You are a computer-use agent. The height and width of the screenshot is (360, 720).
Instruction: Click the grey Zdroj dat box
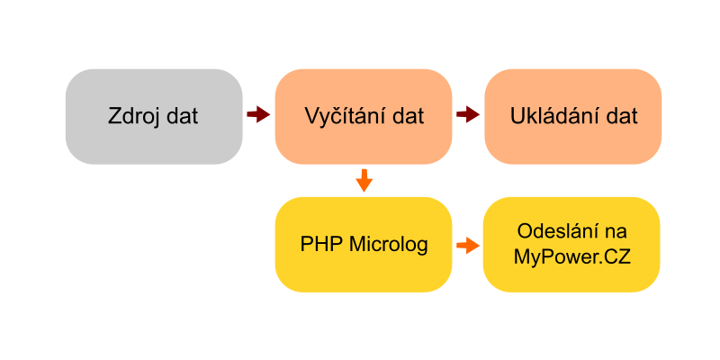[154, 117]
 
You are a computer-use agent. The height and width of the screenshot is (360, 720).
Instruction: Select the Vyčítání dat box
[364, 117]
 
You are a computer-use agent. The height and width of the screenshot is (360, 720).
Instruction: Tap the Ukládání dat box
[573, 117]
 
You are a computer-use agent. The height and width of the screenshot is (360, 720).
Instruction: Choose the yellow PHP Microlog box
[364, 244]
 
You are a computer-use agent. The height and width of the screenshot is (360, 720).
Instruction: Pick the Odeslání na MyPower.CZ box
[571, 244]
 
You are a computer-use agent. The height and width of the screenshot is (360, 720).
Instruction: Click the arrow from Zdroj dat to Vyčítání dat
[258, 114]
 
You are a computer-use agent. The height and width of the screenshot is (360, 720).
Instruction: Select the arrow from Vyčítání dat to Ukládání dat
[468, 114]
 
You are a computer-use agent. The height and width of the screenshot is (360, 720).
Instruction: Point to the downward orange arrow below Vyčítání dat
[364, 181]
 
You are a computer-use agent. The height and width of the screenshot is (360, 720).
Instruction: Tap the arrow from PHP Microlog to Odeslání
[468, 245]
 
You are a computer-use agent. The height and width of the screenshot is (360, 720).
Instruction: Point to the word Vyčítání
[345, 116]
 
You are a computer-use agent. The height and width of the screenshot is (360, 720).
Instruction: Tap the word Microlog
[389, 244]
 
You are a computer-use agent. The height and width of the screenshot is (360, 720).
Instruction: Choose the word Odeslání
[553, 231]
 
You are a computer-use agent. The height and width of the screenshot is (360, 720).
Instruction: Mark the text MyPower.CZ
[571, 257]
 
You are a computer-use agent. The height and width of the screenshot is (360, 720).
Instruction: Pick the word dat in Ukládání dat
[621, 116]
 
